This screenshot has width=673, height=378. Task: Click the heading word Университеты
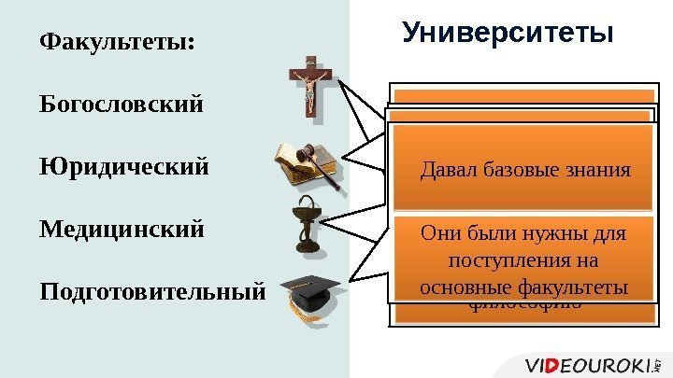click(508, 34)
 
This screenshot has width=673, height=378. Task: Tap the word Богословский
click(121, 104)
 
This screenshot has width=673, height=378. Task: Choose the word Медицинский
click(122, 229)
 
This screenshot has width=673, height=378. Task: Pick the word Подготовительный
click(152, 291)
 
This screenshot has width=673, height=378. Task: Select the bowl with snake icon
click(305, 229)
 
